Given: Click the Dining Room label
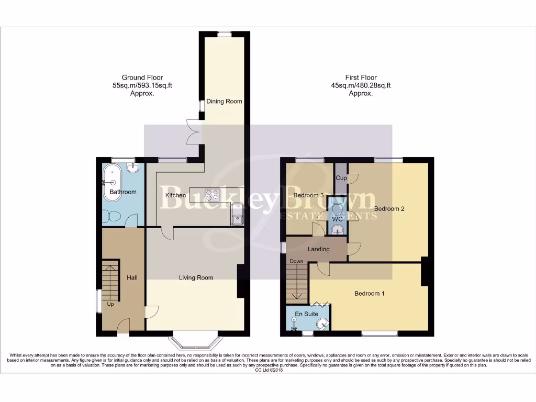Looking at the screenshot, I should click(x=224, y=101).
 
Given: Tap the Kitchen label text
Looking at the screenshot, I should click(x=175, y=195).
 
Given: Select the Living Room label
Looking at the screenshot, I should click(x=196, y=277).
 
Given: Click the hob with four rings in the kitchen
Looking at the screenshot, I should click(x=213, y=195).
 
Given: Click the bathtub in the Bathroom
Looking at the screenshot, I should click(x=112, y=180).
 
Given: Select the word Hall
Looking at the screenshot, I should click(x=132, y=277).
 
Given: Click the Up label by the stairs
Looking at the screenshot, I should click(x=110, y=304).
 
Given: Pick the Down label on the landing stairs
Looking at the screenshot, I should click(x=296, y=261).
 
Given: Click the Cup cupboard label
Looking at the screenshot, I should click(x=341, y=178).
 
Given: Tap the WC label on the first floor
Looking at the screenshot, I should click(x=330, y=218).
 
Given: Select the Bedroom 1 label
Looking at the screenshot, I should click(x=370, y=293).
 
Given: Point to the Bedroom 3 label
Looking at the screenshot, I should click(x=308, y=195).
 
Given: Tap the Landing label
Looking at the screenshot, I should click(x=318, y=249).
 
